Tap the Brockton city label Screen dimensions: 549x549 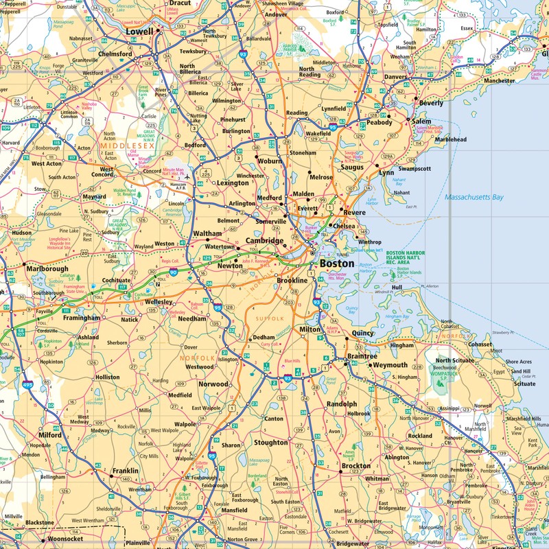pos(356,467)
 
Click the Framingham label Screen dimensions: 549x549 pos(82,318)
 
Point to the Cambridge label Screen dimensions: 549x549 pos(265,242)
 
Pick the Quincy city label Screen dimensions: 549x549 pos(362,334)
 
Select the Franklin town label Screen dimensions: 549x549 pos(125,471)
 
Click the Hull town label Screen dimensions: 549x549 pos(396,288)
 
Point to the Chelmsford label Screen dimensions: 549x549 pos(115,54)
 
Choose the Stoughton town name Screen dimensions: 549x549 pos(270,443)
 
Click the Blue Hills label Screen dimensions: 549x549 pos(292,361)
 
